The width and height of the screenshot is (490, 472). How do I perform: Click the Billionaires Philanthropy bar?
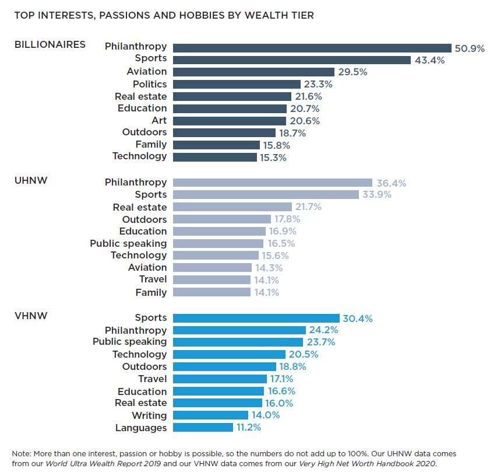[312, 48]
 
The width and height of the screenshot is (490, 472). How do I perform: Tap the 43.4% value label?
[429, 61]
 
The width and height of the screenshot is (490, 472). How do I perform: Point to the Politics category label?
[149, 84]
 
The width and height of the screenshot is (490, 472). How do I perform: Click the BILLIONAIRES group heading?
[50, 44]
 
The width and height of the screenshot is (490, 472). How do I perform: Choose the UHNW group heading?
[31, 181]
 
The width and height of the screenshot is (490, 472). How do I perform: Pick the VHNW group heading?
[31, 316]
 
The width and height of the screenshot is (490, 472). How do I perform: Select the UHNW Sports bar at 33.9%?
[266, 195]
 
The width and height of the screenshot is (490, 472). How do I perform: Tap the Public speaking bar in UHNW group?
[218, 243]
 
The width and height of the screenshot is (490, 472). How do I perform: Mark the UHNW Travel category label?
[153, 279]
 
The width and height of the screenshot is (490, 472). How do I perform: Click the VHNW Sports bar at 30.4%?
[256, 318]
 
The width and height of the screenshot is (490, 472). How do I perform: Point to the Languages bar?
[203, 428]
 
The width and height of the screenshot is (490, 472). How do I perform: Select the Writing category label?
[149, 415]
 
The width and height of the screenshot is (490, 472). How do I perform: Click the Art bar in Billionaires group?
[230, 121]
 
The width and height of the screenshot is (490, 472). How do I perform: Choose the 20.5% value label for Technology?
[302, 355]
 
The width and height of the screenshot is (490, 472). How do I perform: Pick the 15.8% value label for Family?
[276, 145]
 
